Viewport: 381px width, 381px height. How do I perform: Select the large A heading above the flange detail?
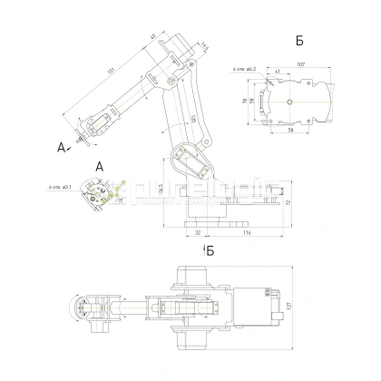[x=100, y=166]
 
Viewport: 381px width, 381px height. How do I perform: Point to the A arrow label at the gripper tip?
[x=62, y=145]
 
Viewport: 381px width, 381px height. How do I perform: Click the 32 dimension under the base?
[x=197, y=233]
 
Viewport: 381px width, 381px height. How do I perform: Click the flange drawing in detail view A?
[x=97, y=193]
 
